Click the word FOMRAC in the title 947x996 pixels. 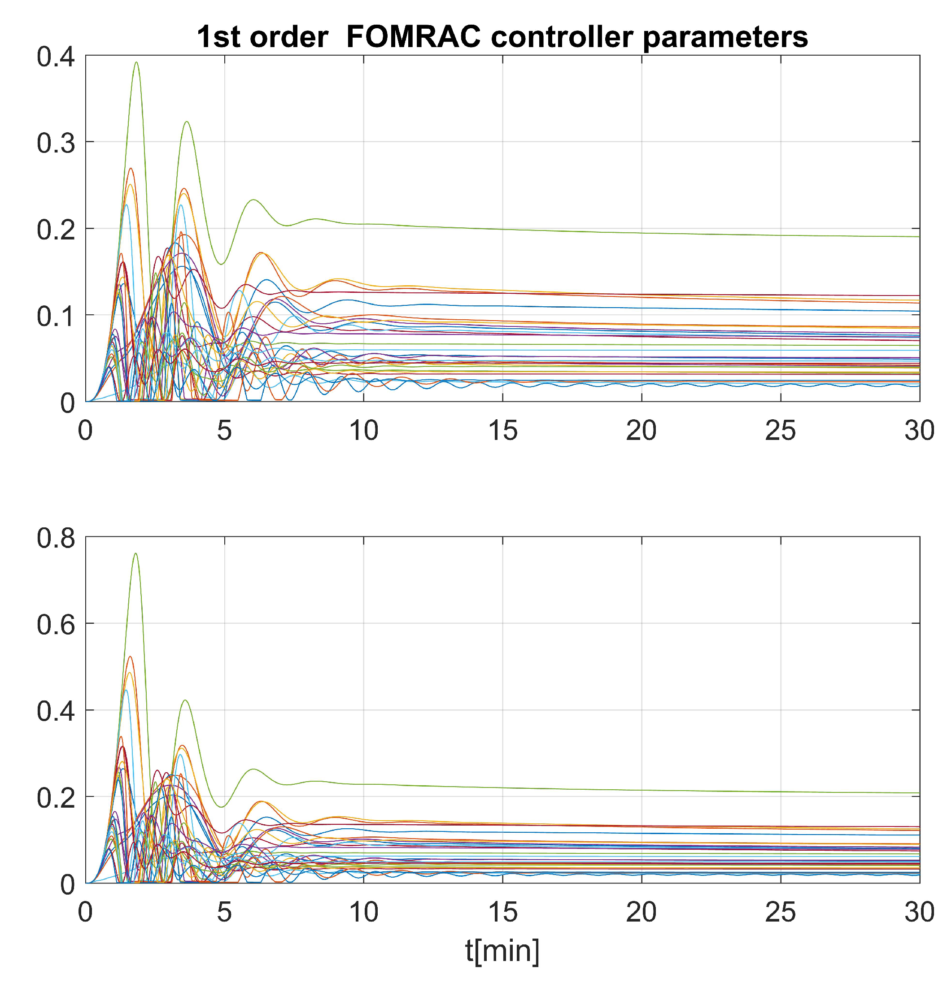(x=413, y=37)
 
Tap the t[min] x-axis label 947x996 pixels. (x=502, y=951)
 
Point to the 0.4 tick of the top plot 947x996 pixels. (x=56, y=57)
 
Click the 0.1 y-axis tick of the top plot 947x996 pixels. (x=56, y=316)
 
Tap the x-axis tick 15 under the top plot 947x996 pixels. (x=502, y=431)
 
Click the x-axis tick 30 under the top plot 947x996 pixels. (x=919, y=431)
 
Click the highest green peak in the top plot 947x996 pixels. (x=136, y=63)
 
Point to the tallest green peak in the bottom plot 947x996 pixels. (x=135, y=553)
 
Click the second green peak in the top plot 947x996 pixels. (x=187, y=122)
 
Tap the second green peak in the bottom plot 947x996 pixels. (x=186, y=700)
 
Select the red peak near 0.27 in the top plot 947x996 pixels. (x=131, y=169)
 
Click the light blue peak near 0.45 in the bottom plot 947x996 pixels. (x=126, y=690)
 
